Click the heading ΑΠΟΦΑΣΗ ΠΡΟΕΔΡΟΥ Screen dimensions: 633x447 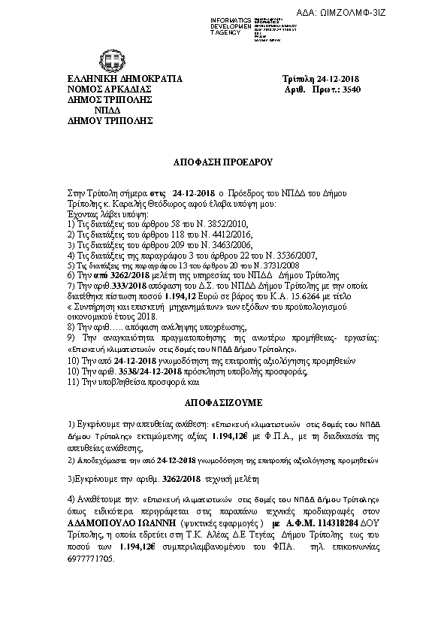tap(224, 162)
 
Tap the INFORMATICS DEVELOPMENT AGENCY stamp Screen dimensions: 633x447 tap(234, 26)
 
